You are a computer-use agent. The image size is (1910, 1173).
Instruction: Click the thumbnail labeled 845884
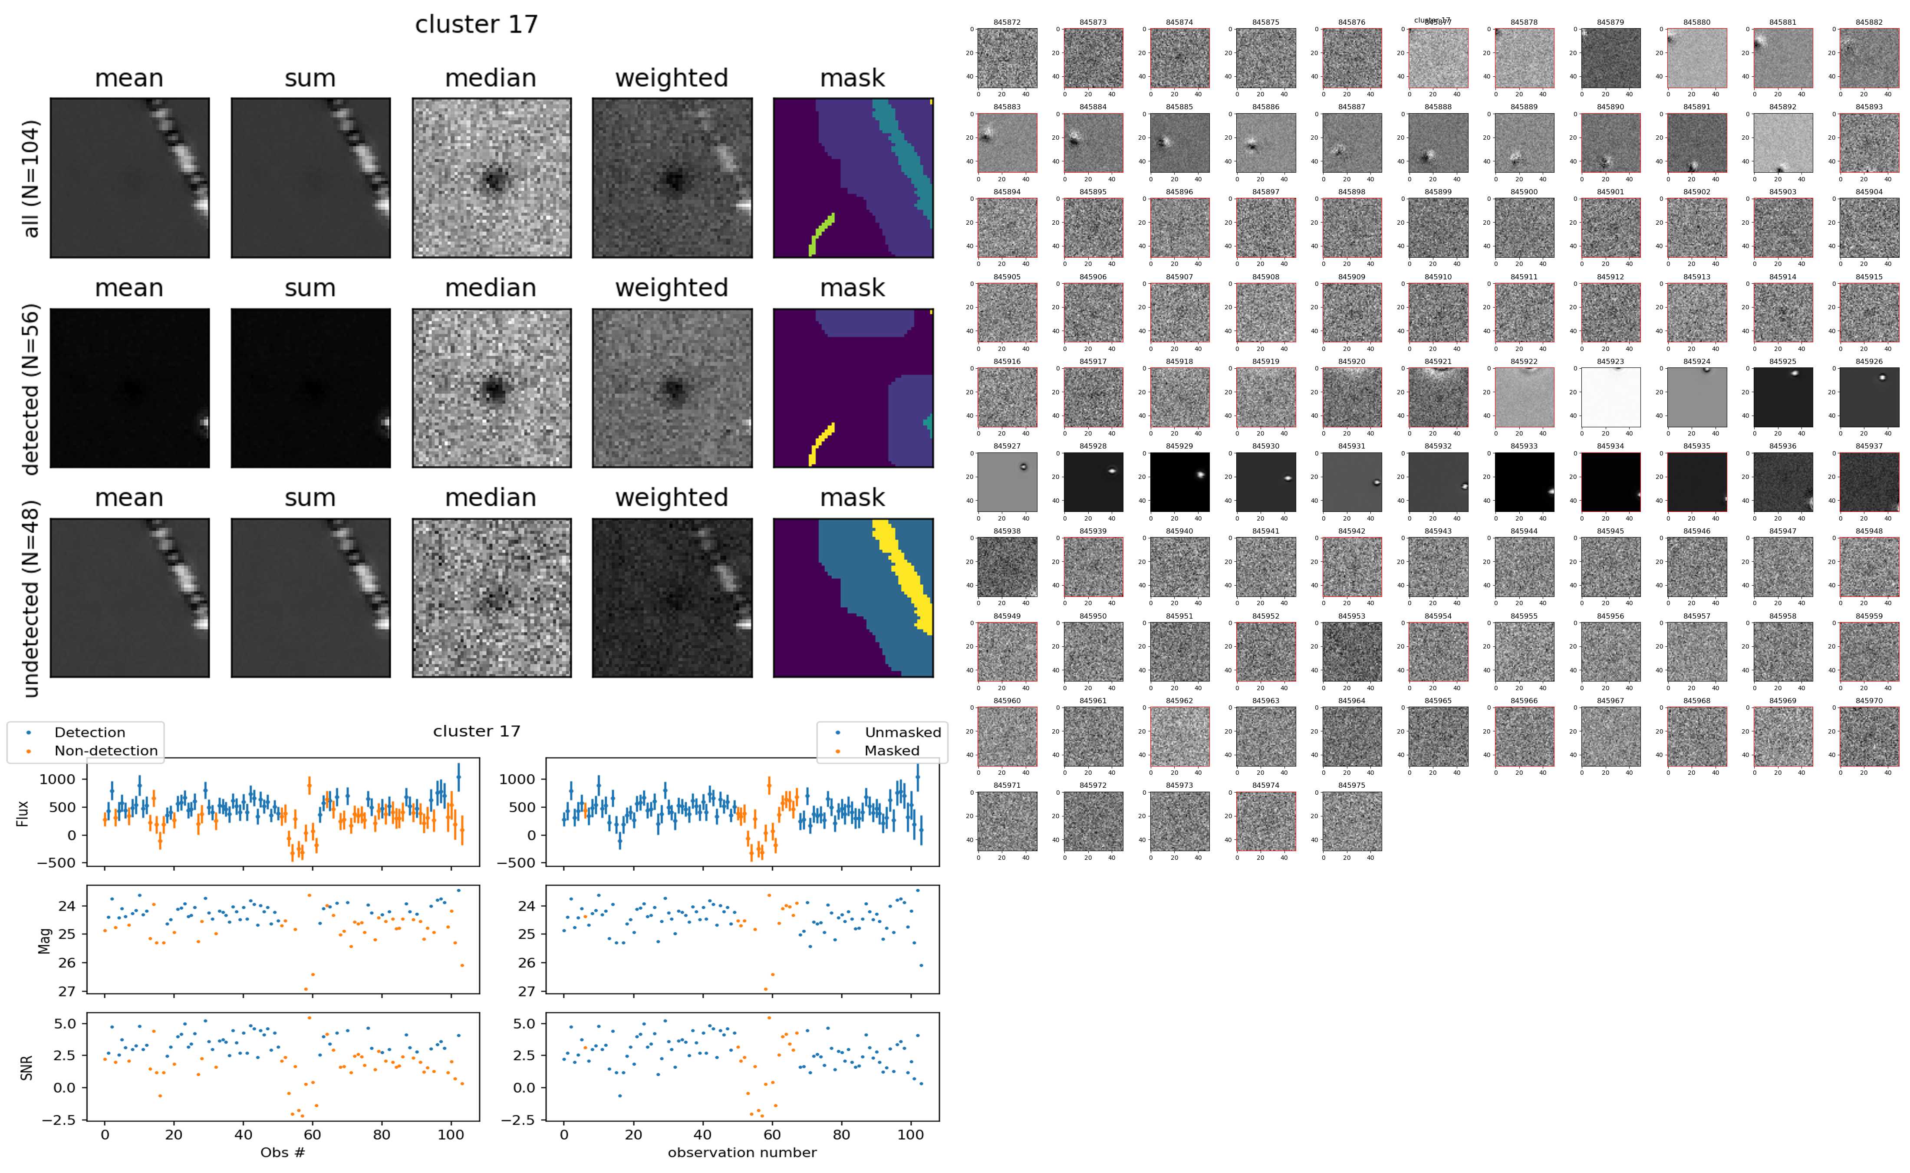coord(1093,143)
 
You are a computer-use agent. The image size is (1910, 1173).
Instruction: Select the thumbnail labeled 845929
coord(1179,482)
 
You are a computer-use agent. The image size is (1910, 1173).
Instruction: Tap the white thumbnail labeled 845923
coord(1610,397)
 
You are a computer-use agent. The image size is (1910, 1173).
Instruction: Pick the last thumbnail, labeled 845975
coord(1351,821)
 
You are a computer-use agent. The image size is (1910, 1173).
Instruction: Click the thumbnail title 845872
coord(1007,23)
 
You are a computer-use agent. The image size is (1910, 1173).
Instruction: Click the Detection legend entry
coord(89,732)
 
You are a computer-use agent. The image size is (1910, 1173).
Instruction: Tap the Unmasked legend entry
coord(902,732)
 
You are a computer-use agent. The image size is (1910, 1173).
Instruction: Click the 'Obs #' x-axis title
coord(283,1152)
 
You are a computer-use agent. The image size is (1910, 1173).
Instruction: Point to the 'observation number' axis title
coord(742,1152)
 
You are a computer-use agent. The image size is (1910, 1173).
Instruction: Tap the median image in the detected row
coord(491,388)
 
